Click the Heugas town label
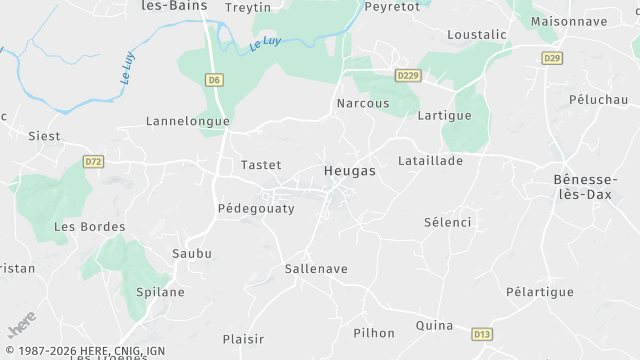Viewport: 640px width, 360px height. pos(350,171)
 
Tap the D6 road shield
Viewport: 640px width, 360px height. pos(214,79)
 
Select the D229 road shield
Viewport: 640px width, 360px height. pos(407,76)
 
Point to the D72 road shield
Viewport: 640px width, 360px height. pos(94,161)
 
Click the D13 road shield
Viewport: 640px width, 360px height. pos(482,334)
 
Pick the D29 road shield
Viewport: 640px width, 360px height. pos(552,58)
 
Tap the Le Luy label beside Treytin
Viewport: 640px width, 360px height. pos(264,43)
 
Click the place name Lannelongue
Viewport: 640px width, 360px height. pos(188,121)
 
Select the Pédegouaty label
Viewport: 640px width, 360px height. pos(256,208)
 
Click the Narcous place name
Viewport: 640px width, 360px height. pos(362,103)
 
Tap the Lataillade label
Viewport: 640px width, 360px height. pos(430,160)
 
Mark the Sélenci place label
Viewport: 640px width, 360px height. pos(447,221)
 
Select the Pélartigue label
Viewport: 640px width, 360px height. pos(540,291)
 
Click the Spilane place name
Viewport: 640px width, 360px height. pos(160,292)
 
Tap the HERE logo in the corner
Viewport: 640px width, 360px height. pos(20,327)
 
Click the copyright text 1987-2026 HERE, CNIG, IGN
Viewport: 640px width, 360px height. pos(83,351)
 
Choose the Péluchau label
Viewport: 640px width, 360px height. pos(598,101)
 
